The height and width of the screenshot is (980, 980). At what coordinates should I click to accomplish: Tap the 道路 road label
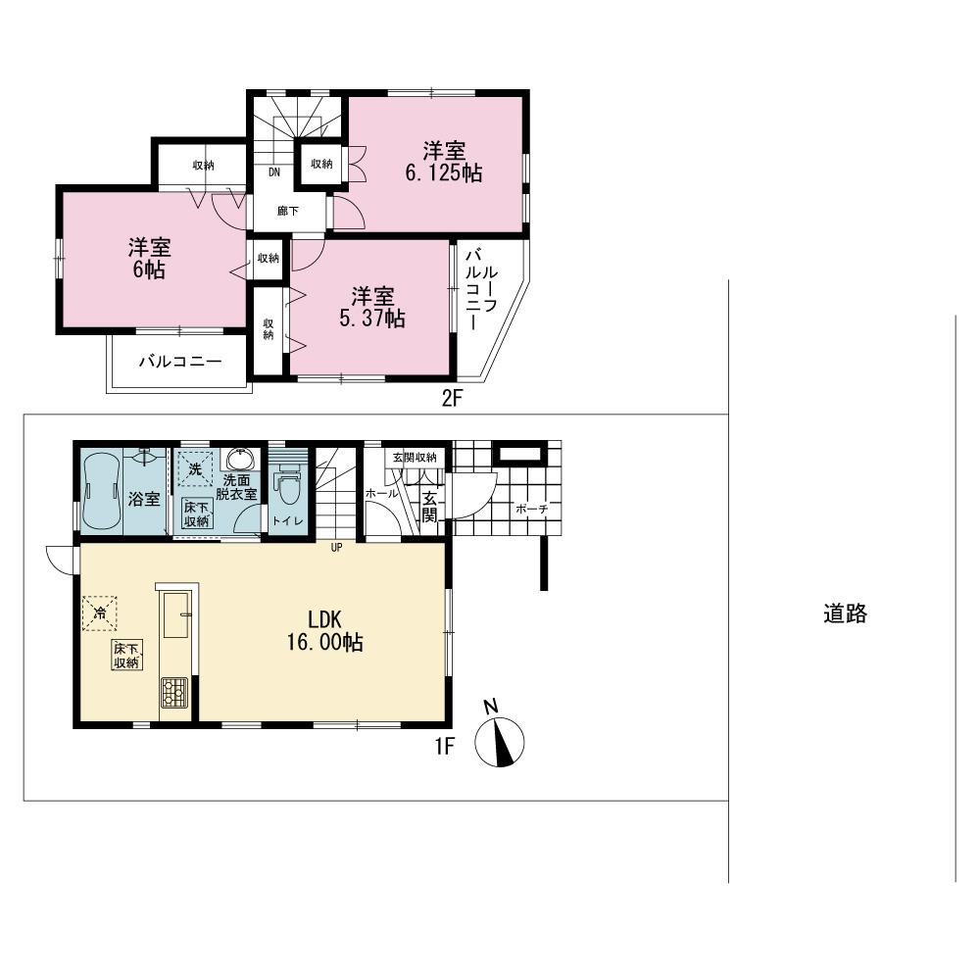pos(844,614)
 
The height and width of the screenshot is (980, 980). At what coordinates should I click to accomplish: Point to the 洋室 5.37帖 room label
pos(372,307)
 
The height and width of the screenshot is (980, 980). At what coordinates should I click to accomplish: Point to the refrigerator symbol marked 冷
pos(100,612)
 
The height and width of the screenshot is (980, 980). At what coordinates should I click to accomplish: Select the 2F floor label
pos(450,399)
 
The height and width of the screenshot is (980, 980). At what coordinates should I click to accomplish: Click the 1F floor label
pos(444,747)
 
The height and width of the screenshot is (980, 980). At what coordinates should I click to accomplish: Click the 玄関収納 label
pos(415,457)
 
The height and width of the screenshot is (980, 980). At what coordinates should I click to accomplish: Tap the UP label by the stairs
pos(336,548)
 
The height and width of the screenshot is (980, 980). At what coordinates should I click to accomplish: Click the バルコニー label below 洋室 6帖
pos(179,362)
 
